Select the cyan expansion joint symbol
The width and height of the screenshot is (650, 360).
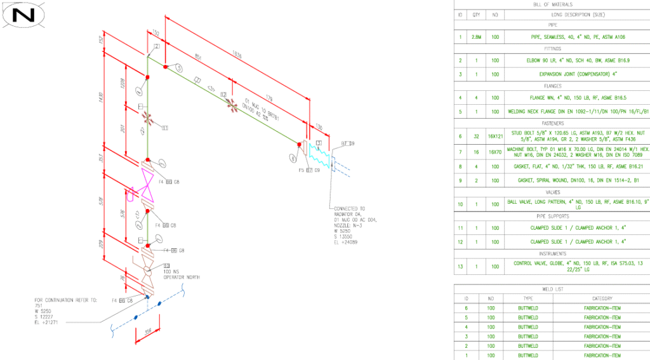(321, 156)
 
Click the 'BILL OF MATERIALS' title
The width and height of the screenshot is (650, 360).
(551, 4)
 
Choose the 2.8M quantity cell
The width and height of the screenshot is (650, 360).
(477, 37)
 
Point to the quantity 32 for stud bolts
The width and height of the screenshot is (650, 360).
(477, 136)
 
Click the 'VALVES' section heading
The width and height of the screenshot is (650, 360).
(551, 192)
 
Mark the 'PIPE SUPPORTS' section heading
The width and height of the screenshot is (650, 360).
(551, 216)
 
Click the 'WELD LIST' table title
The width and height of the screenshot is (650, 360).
(551, 289)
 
